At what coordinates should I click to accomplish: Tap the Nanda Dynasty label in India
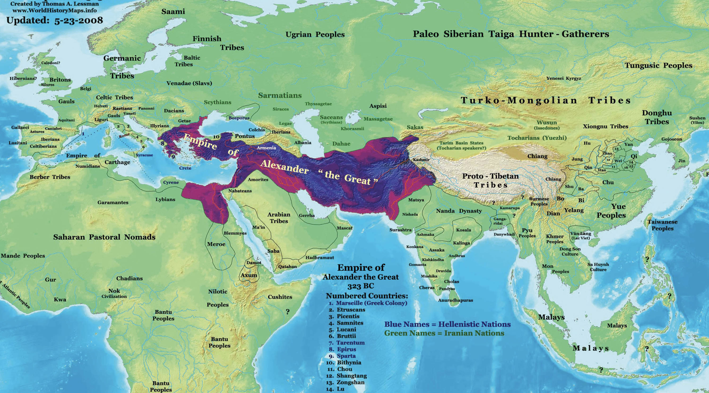[x=459, y=211]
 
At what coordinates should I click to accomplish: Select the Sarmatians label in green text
[x=280, y=95]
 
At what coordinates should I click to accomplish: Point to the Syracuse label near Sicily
[x=144, y=155]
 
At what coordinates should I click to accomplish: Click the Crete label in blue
[x=185, y=168]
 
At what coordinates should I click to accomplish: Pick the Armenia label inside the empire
[x=266, y=148]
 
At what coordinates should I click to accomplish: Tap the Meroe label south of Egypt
[x=216, y=244]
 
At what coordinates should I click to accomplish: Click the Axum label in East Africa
[x=249, y=275]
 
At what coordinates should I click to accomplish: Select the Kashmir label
[x=421, y=160]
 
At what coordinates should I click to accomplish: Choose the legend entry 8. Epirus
[x=343, y=349]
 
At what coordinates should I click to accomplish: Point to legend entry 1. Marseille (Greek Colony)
[x=368, y=303]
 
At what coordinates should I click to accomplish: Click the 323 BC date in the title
[x=361, y=286]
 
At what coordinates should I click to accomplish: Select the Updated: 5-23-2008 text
[x=55, y=21]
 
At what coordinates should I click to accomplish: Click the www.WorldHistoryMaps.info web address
[x=55, y=11]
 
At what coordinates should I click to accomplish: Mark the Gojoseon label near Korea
[x=672, y=139]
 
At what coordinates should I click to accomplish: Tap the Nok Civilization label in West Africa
[x=114, y=293]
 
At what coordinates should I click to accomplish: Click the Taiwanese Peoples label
[x=662, y=225]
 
